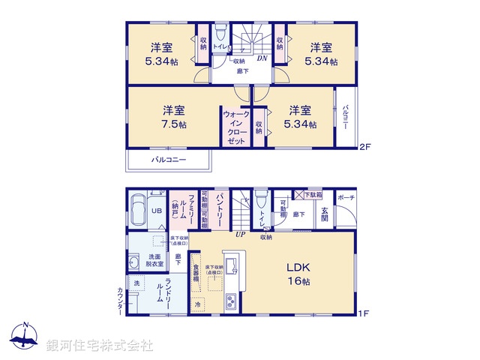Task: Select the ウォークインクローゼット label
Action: [235, 127]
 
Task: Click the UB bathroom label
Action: [157, 211]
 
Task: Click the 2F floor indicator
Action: [366, 145]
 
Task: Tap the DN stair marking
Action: [262, 58]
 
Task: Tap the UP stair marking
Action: [241, 235]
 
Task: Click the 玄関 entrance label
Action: [325, 213]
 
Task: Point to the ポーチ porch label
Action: [346, 197]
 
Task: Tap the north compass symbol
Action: [25, 336]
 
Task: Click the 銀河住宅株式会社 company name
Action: [100, 345]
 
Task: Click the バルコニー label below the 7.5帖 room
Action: [169, 160]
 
